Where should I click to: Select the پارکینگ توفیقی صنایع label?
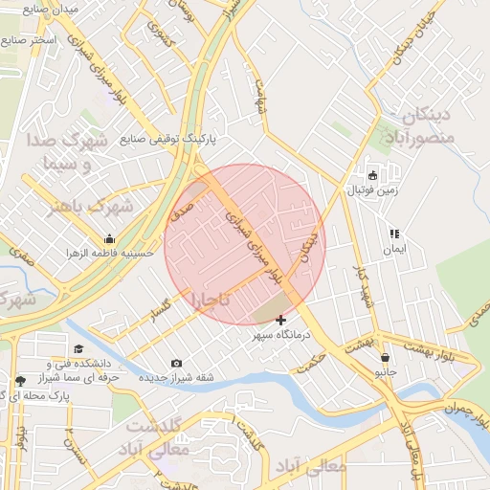coord(168,139)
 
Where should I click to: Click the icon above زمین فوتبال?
coord(373,176)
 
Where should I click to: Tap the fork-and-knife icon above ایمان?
coord(392,233)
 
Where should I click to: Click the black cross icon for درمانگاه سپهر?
coord(280,320)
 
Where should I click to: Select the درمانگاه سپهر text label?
coord(277,336)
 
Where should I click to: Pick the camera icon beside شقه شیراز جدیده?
coord(176,363)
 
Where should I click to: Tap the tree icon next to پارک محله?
coord(21,381)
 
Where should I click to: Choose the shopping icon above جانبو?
coord(384,357)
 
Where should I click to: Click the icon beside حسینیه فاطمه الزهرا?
coord(109,239)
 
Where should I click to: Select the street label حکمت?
coord(312,354)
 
